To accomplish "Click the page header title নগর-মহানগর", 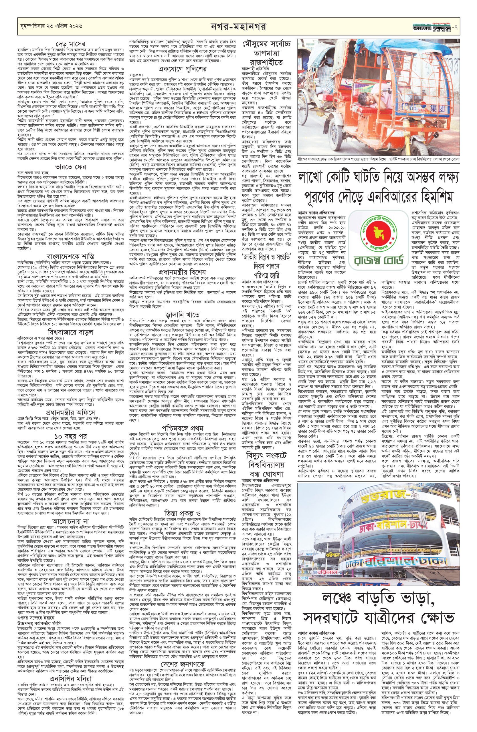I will point(239,25).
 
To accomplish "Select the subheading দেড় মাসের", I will point(70,43).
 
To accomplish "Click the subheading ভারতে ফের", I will point(70,167).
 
